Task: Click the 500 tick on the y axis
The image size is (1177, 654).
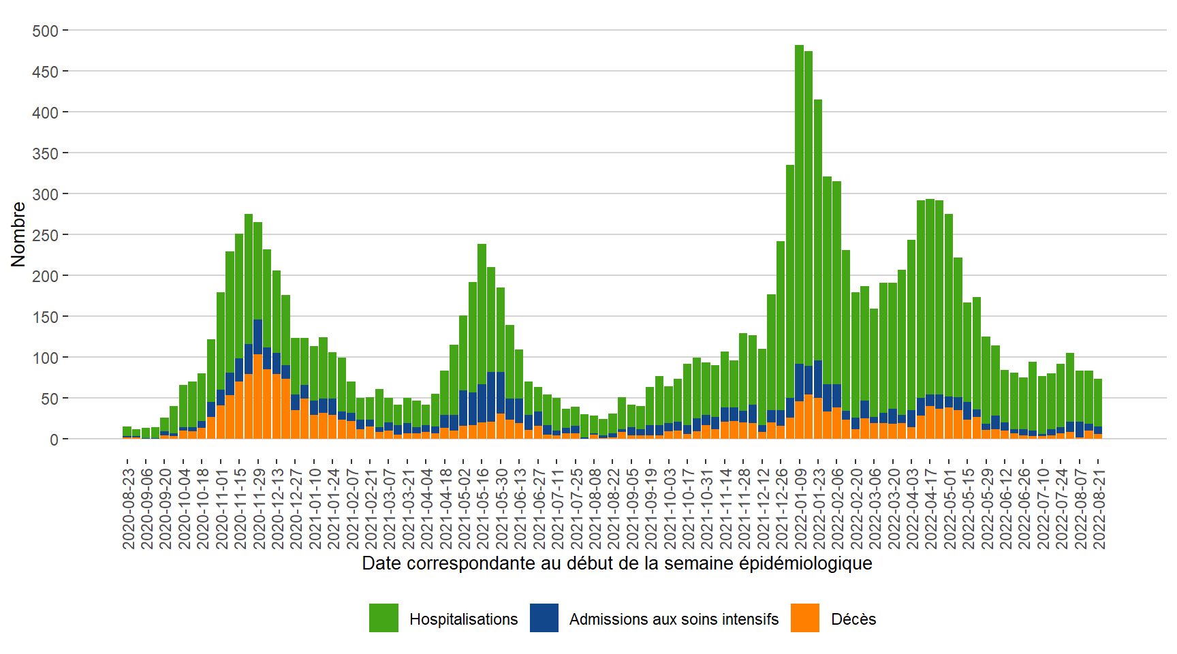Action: click(x=46, y=31)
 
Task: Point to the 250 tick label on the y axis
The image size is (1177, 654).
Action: click(x=46, y=236)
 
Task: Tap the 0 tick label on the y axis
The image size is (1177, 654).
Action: click(x=54, y=440)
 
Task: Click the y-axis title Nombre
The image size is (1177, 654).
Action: click(x=18, y=234)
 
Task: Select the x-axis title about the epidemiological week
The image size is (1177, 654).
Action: click(x=616, y=563)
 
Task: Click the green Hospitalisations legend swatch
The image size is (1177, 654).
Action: click(x=383, y=618)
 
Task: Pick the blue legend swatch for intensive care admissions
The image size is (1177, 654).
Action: click(x=544, y=618)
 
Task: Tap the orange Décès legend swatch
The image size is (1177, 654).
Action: click(x=805, y=618)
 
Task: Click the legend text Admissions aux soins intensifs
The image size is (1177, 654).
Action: click(x=674, y=619)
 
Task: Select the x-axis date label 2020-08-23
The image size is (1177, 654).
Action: click(x=128, y=508)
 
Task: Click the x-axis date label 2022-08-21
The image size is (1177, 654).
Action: click(x=1099, y=508)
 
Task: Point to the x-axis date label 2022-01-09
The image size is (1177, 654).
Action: click(x=800, y=508)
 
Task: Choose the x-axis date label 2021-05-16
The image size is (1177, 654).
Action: click(x=482, y=508)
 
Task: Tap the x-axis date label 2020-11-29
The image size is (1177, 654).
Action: click(x=259, y=508)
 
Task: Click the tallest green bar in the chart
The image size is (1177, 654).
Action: click(x=799, y=204)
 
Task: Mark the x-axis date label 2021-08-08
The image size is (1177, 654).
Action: click(x=594, y=508)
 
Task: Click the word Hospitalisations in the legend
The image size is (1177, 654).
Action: click(x=463, y=619)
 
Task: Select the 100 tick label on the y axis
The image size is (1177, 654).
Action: click(x=46, y=358)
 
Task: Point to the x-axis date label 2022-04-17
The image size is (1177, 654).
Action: click(x=930, y=508)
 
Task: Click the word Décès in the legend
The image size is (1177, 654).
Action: click(x=853, y=619)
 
